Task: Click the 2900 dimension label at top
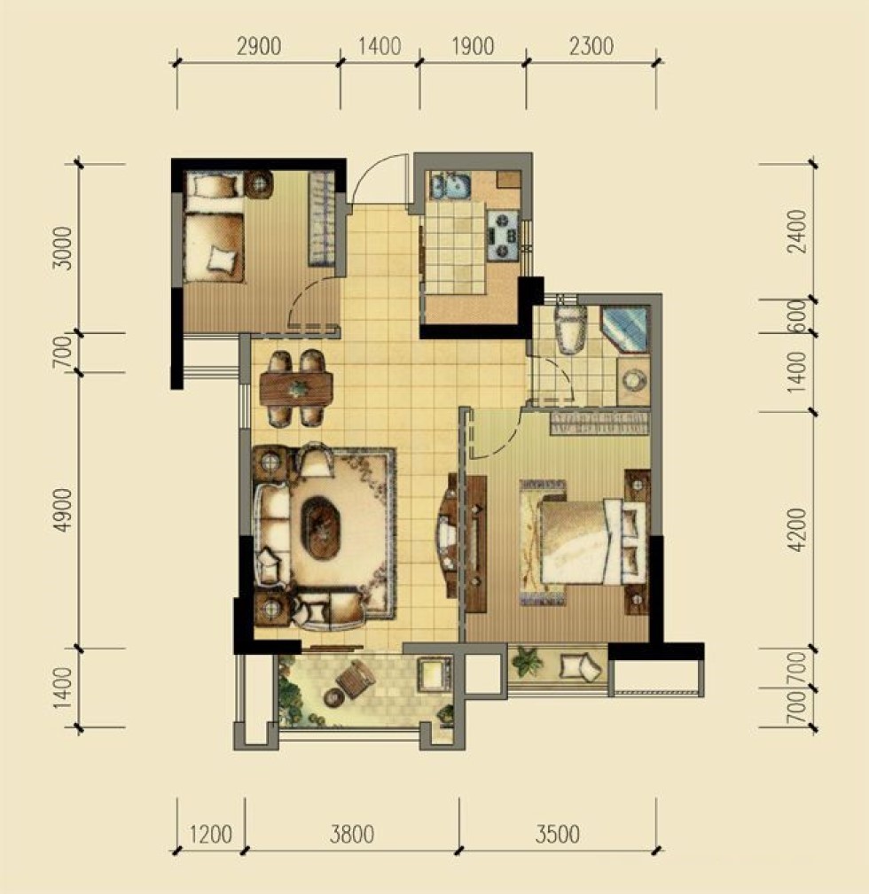pyautogui.click(x=258, y=45)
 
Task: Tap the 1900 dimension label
pyautogui.click(x=473, y=45)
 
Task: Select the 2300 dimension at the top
pyautogui.click(x=591, y=45)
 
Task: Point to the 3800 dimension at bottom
pyautogui.click(x=352, y=834)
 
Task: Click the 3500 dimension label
pyautogui.click(x=558, y=834)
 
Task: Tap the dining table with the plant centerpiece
pyautogui.click(x=296, y=389)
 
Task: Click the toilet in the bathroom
pyautogui.click(x=571, y=330)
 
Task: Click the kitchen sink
pyautogui.click(x=450, y=184)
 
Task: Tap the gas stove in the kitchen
pyautogui.click(x=503, y=234)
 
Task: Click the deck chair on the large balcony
pyautogui.click(x=355, y=679)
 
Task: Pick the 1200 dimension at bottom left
pyautogui.click(x=210, y=834)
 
